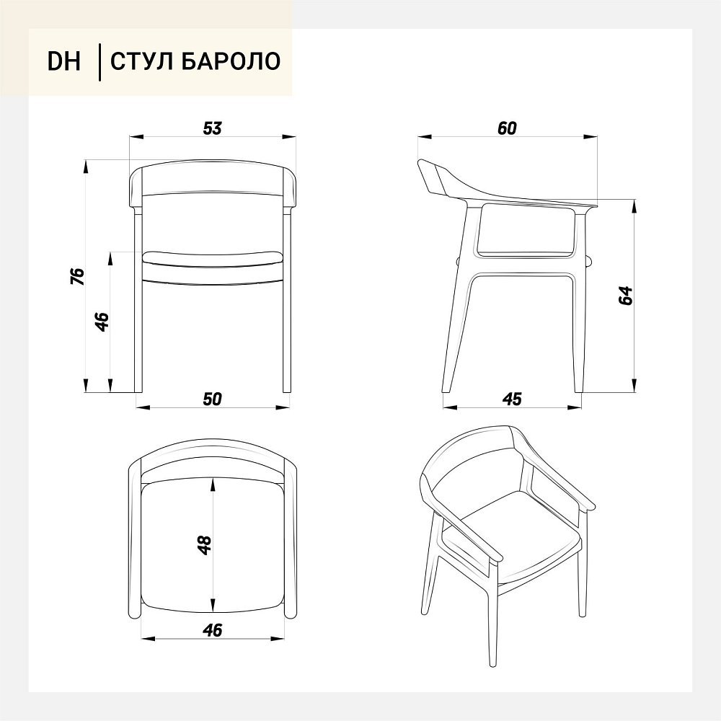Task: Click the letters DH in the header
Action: [x=64, y=61]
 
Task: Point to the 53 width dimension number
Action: [x=213, y=128]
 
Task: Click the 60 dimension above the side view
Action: [x=507, y=128]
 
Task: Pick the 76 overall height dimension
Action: [x=78, y=276]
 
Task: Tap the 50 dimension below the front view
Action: [x=213, y=399]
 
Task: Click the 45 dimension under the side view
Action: [x=512, y=399]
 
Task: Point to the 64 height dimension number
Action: [x=626, y=296]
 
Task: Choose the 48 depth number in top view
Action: [x=204, y=545]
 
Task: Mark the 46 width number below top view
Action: [x=213, y=630]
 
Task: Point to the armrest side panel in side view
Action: [x=526, y=231]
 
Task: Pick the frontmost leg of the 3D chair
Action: [x=490, y=616]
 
